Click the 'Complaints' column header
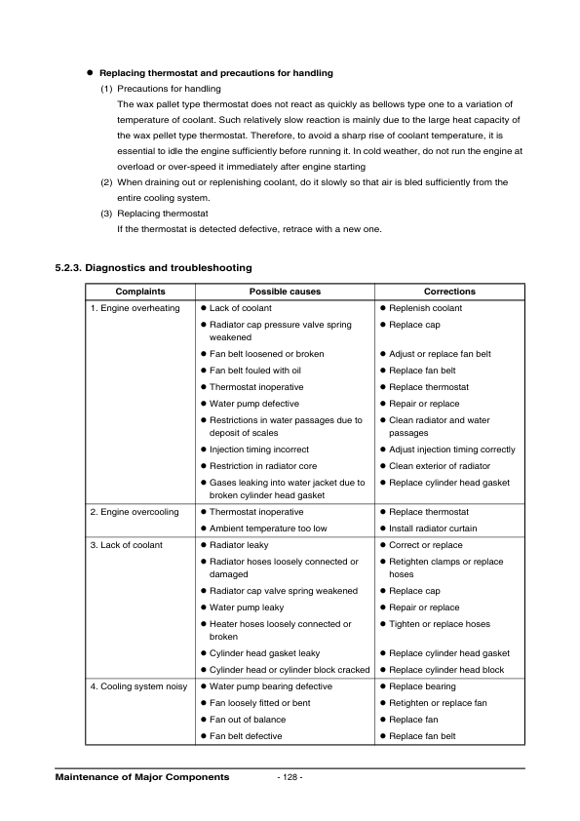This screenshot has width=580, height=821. pyautogui.click(x=140, y=292)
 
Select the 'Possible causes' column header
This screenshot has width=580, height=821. pyautogui.click(x=285, y=292)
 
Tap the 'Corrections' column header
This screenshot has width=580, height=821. pyautogui.click(x=449, y=292)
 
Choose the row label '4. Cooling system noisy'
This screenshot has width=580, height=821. pyautogui.click(x=137, y=686)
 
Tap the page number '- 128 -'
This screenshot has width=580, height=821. pyautogui.click(x=290, y=777)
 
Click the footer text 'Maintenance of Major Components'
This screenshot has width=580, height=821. pyautogui.click(x=142, y=777)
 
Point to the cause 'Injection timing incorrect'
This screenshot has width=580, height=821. pyautogui.click(x=259, y=450)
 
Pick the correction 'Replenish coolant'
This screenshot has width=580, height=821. pyautogui.click(x=425, y=308)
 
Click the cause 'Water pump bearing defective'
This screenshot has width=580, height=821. pyautogui.click(x=270, y=686)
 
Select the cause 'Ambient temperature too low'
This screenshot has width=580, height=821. pyautogui.click(x=268, y=528)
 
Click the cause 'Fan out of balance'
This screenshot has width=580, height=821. pyautogui.click(x=248, y=720)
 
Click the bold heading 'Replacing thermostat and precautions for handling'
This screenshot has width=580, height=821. pyautogui.click(x=216, y=73)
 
